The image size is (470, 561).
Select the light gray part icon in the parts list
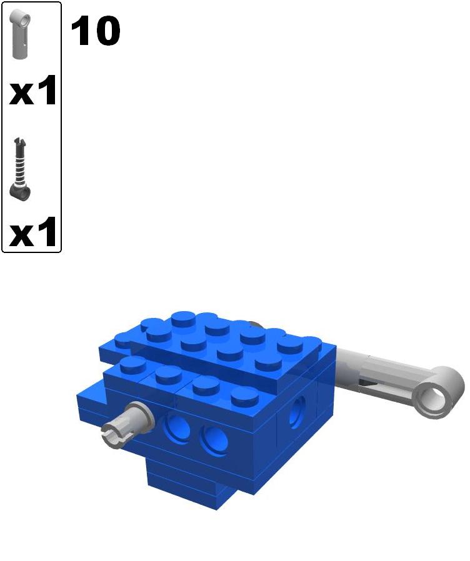click(x=21, y=35)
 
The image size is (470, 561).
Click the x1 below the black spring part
click(x=33, y=233)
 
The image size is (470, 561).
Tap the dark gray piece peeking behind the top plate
click(x=254, y=324)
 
